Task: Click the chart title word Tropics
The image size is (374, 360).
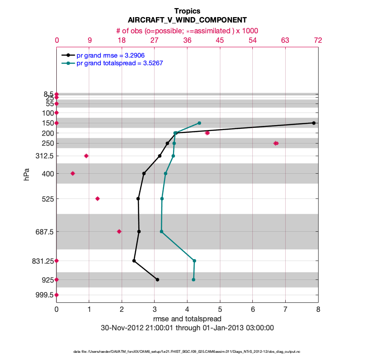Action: pos(187,11)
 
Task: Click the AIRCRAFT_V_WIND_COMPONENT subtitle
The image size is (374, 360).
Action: pos(187,20)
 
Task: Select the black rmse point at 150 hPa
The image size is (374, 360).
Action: pos(314,123)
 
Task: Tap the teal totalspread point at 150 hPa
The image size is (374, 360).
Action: pos(199,123)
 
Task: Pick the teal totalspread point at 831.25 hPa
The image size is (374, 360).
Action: pos(194,261)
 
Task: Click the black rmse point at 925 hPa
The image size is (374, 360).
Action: pos(157,279)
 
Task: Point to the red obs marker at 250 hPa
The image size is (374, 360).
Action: pos(276,143)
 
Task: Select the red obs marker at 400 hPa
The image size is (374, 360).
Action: pos(73,173)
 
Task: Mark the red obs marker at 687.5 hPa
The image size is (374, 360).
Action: pos(119,231)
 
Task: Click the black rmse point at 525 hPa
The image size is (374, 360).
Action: pos(138,198)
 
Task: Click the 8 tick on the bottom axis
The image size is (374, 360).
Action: pos(318,310)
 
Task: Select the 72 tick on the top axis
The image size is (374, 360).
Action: pos(318,40)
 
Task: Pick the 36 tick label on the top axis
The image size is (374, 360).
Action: pos(187,40)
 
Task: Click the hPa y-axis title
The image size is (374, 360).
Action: pos(27,174)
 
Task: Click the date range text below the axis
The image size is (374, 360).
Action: pos(187,328)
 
